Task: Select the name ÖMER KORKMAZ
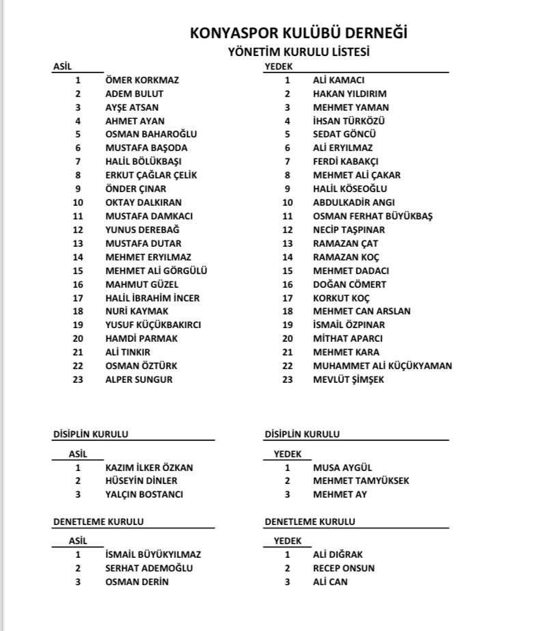coord(142,80)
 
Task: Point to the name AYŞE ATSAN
coord(132,107)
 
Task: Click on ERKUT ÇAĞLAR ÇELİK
coord(151,175)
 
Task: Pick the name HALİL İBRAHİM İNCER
coord(152,298)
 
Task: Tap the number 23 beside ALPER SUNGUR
coord(78,379)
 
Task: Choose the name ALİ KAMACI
coord(339,80)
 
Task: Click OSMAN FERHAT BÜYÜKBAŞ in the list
coord(372,216)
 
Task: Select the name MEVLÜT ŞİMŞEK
coord(348,379)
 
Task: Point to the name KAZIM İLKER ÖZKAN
coord(149,468)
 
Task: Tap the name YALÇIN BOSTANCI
coord(144,494)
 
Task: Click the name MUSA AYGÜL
coord(342,468)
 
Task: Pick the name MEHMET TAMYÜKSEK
coord(361,481)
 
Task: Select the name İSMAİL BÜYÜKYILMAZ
coord(153,554)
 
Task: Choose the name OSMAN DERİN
coord(137,582)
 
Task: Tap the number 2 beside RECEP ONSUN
coord(288,568)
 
